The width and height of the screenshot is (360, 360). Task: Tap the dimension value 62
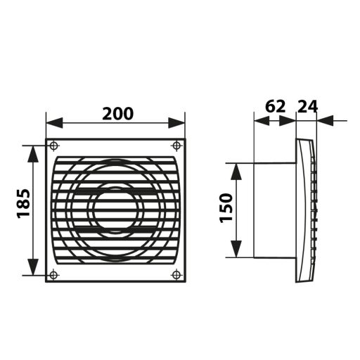pos(275,107)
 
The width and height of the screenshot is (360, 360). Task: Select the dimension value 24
pos(308,107)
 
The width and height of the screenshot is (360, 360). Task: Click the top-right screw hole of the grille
pos(176,146)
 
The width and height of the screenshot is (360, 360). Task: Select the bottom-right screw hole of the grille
pos(176,274)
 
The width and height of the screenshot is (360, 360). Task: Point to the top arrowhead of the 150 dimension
pos(238,169)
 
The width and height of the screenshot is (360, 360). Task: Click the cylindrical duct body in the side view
pos(271,210)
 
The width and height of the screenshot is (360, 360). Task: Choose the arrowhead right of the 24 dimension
pos(324,121)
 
